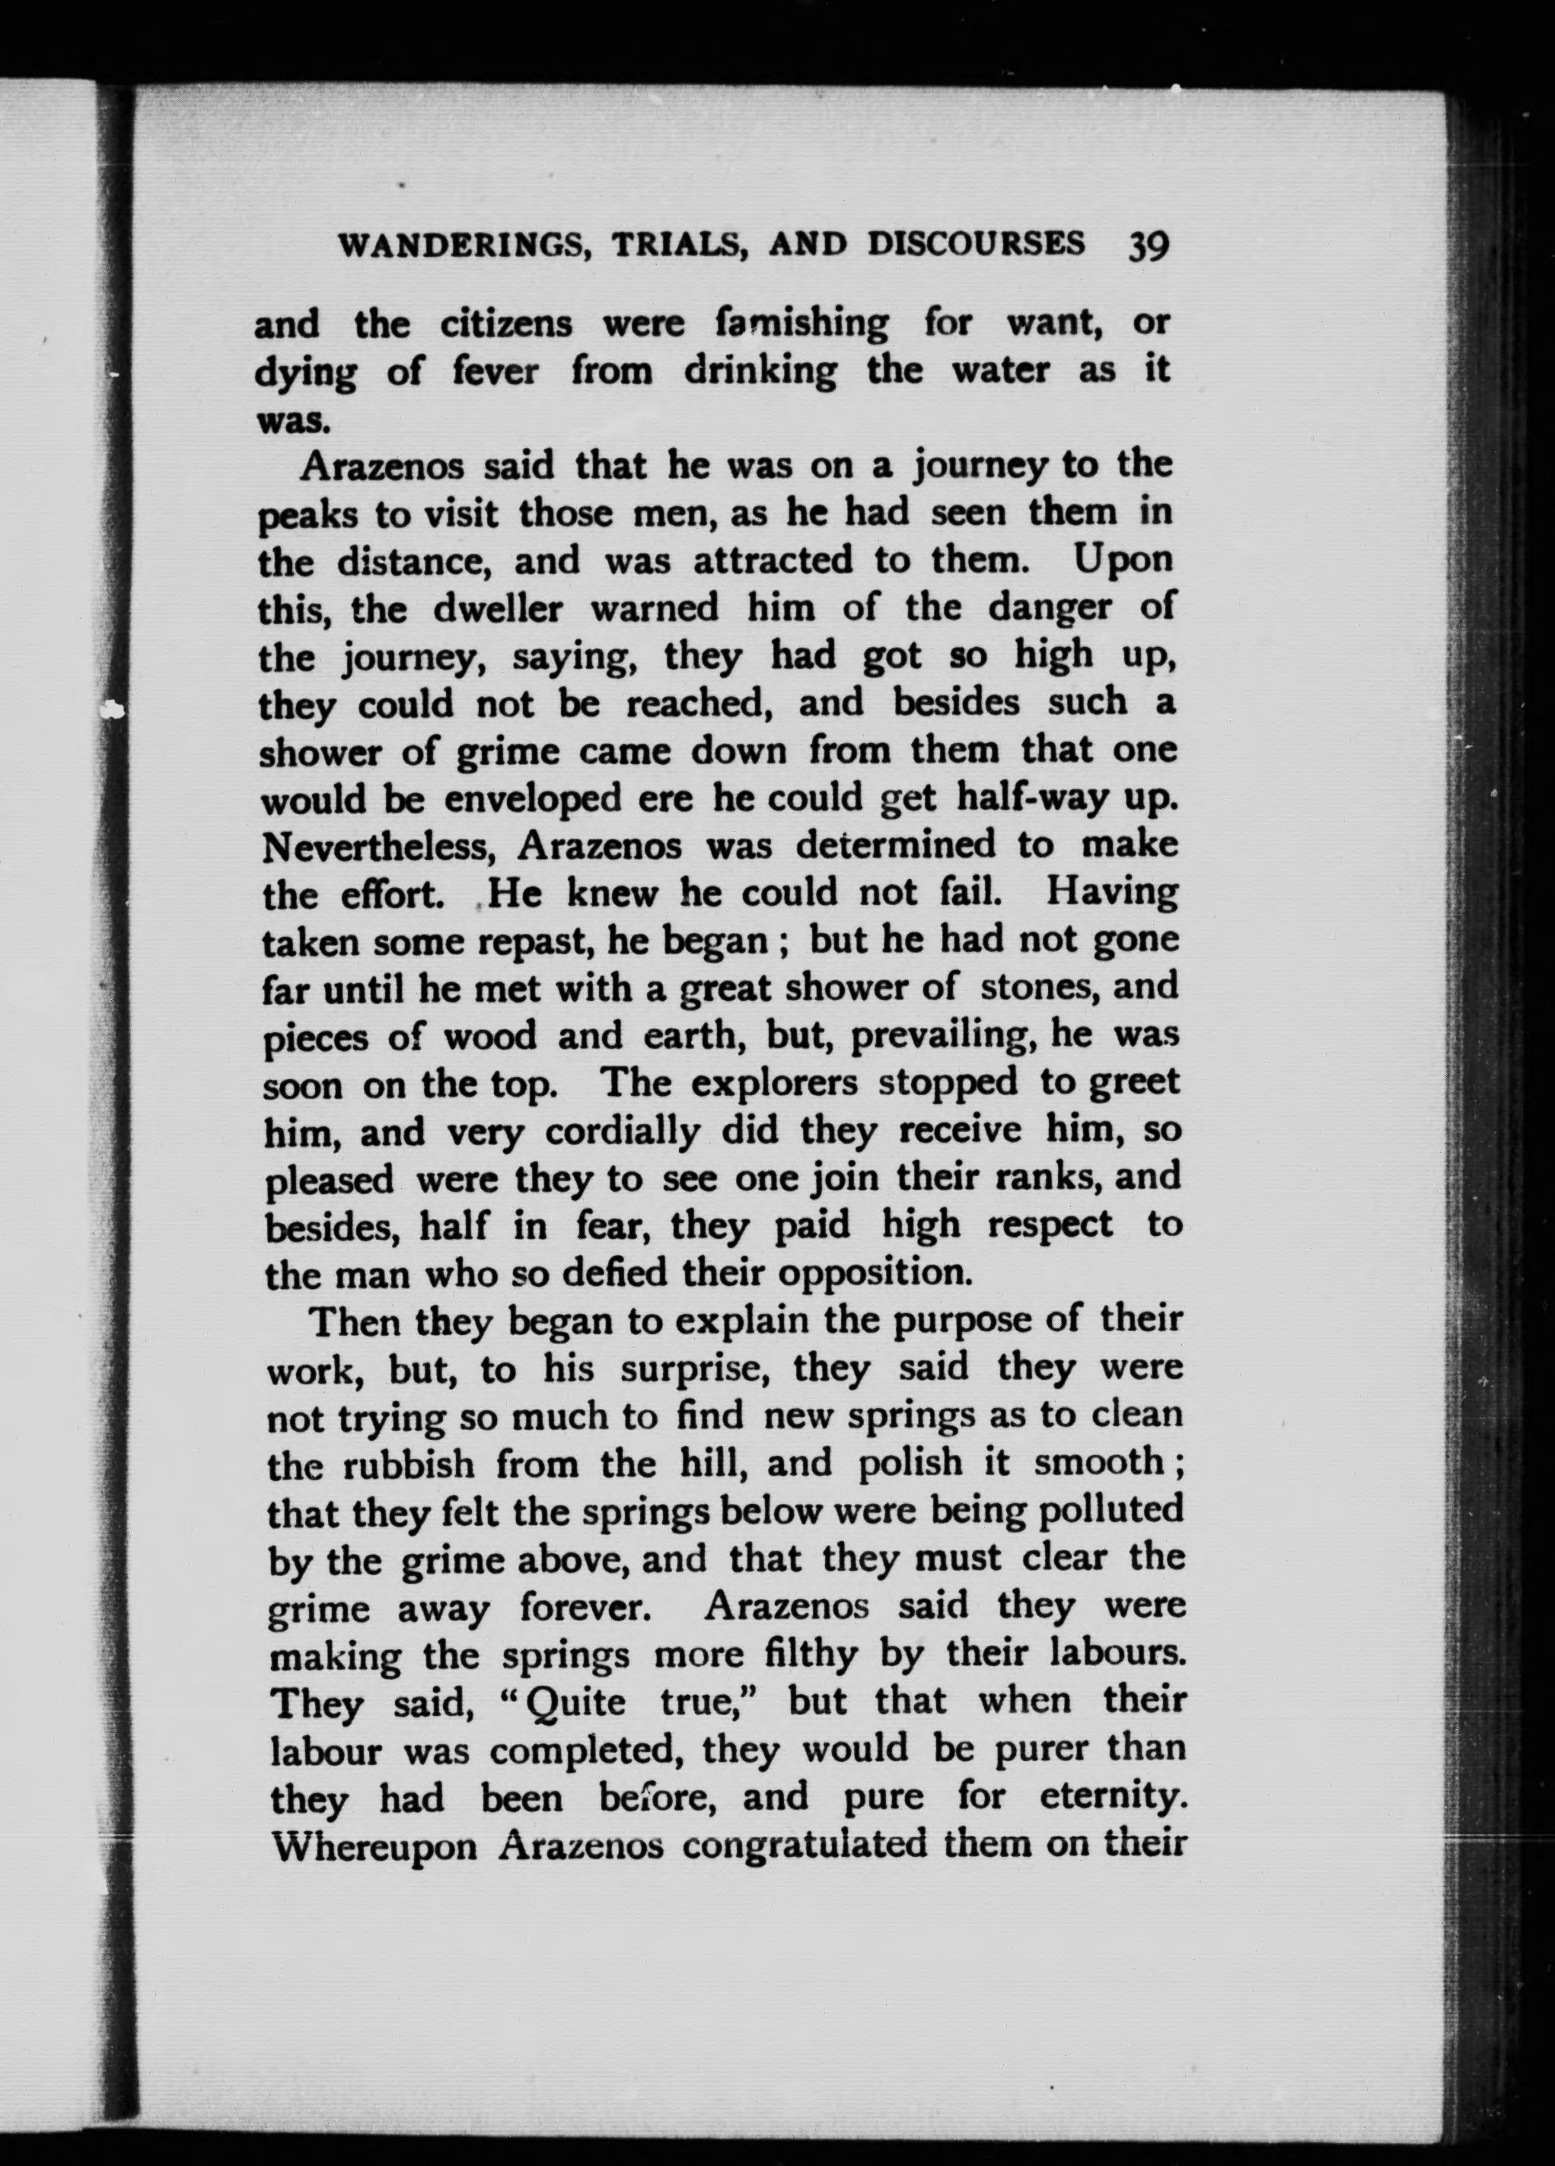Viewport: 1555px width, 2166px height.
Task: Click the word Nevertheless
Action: click(x=383, y=846)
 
